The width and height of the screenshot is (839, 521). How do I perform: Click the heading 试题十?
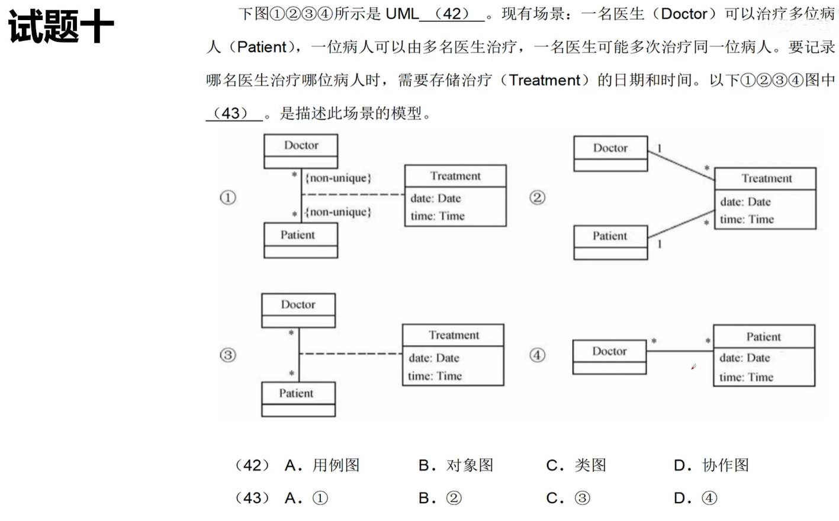[60, 27]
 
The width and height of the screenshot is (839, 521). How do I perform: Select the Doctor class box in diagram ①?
[301, 150]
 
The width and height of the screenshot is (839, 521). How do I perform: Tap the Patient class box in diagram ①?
[300, 240]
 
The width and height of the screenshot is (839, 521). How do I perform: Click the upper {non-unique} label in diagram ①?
[338, 178]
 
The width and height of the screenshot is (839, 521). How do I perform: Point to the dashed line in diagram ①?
[353, 194]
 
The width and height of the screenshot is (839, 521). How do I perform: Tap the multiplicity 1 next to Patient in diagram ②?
[659, 244]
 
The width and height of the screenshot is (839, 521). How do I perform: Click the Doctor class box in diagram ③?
[298, 310]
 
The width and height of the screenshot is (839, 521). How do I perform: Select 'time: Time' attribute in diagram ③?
[435, 376]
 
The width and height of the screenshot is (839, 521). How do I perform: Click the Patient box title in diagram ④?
[763, 336]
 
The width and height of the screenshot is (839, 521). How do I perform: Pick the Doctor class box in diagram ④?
[609, 356]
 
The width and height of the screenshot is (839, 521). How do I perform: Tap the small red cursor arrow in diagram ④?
[693, 367]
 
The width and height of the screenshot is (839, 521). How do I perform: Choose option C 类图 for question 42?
[576, 465]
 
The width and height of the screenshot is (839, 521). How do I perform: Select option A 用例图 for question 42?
[322, 465]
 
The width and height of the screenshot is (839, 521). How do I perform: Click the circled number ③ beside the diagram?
[228, 355]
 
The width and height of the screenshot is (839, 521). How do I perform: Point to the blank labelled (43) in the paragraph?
[234, 113]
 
